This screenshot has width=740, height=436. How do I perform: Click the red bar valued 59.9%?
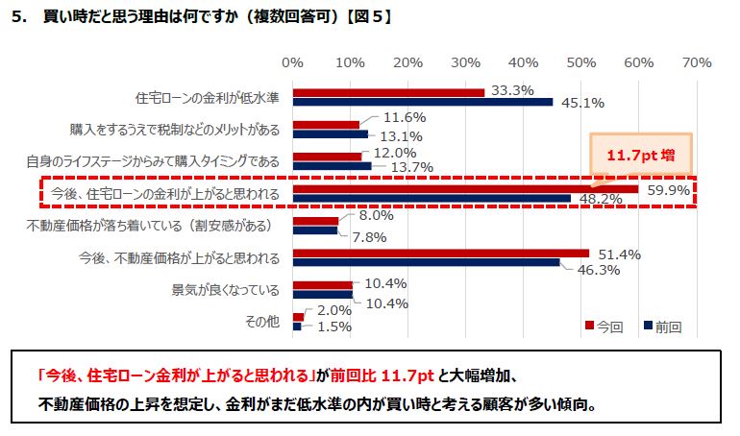tap(465, 189)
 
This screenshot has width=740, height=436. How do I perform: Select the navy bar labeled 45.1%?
tap(423, 102)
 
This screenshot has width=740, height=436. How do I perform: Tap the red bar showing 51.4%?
tap(440, 254)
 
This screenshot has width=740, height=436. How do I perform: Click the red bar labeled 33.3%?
tap(388, 92)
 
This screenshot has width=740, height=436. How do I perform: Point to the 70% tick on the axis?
tap(696, 62)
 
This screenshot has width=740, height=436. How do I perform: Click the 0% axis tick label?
tap(292, 62)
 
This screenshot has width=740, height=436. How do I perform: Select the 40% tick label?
tap(523, 62)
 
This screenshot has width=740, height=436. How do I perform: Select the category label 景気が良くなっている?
tap(226, 289)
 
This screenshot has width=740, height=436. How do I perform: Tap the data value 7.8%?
tap(370, 236)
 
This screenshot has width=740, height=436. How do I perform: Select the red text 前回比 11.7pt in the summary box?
tap(381, 373)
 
